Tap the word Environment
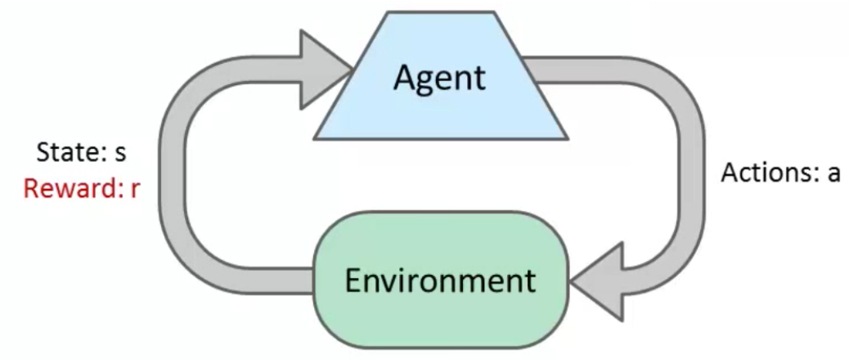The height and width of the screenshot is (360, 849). tap(440, 280)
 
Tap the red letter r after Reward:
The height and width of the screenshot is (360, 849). tap(135, 189)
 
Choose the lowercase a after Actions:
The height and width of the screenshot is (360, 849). tap(830, 174)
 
